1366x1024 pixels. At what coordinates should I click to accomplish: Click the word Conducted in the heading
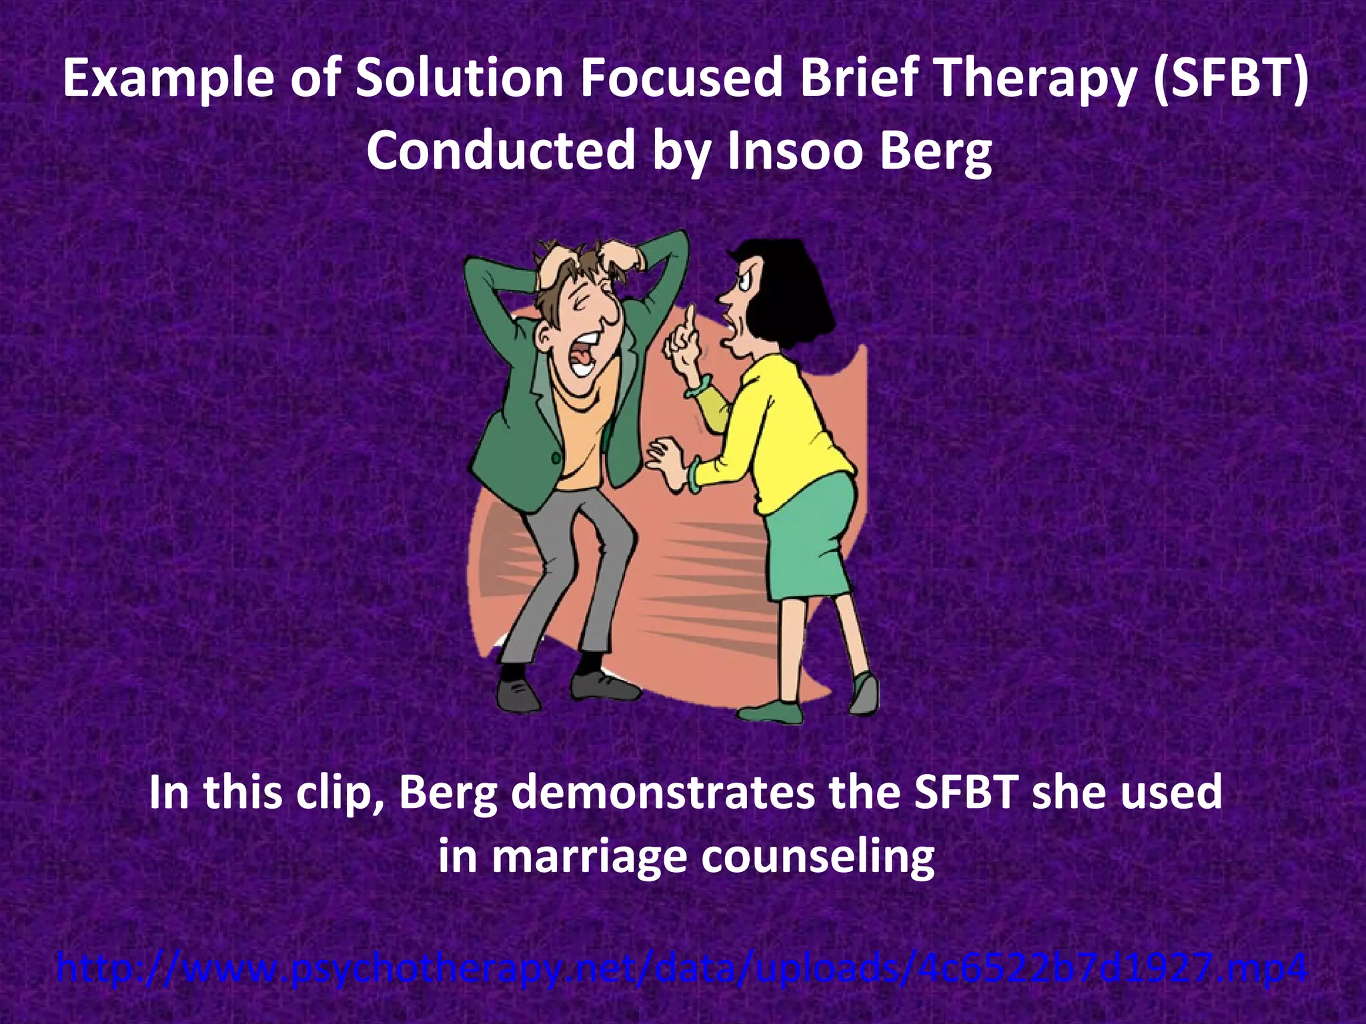(500, 151)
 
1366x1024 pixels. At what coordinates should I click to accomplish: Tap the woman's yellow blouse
(794, 427)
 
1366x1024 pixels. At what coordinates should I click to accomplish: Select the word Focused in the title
(680, 79)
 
